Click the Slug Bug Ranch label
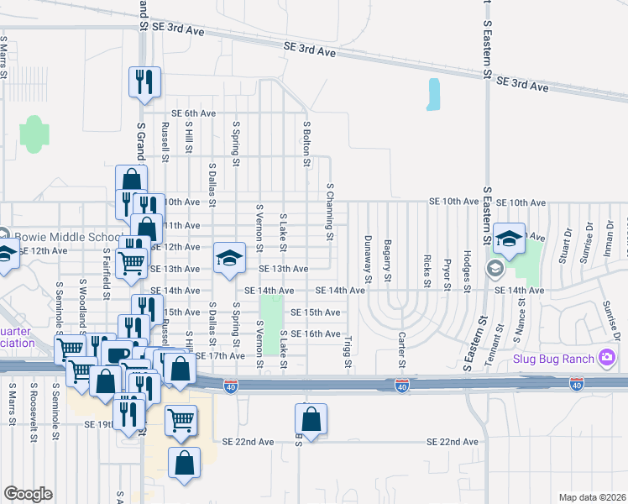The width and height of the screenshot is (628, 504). click(x=554, y=360)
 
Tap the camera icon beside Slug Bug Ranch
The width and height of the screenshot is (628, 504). click(x=607, y=360)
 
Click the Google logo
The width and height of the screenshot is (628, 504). click(x=29, y=494)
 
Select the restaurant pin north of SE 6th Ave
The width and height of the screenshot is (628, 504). click(x=144, y=81)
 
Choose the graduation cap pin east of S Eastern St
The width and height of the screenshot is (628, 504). click(x=509, y=239)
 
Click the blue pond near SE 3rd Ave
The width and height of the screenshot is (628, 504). click(x=433, y=95)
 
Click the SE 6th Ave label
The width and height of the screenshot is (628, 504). click(x=194, y=113)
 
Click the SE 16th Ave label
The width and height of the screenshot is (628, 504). click(x=315, y=333)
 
